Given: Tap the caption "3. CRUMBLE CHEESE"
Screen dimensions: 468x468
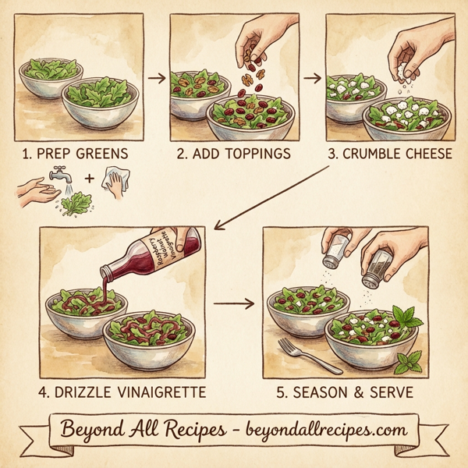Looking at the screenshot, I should [x=389, y=154].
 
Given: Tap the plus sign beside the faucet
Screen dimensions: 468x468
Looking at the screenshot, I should [x=89, y=179].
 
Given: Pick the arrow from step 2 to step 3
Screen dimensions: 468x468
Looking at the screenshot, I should [x=312, y=78].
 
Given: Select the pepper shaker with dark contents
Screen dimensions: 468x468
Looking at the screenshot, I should [x=378, y=265].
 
